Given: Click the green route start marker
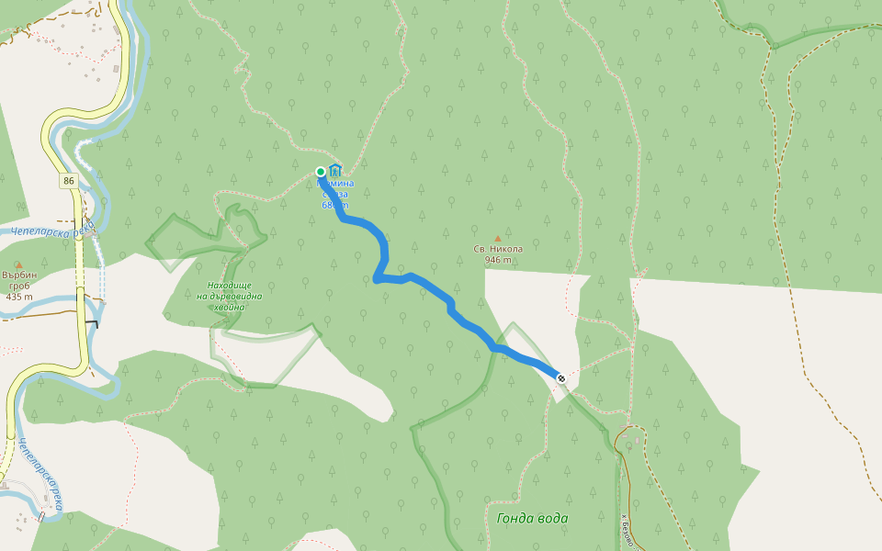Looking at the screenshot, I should point(321,172).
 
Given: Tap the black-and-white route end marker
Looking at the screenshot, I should point(560,377).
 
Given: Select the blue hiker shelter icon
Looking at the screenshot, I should point(335,170).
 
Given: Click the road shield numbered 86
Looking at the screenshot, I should point(70,181).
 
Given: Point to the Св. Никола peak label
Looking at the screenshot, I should point(498,249).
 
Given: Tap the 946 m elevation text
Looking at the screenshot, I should point(498,260).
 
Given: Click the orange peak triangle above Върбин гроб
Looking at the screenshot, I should point(18,265).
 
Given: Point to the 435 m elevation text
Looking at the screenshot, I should point(18,297).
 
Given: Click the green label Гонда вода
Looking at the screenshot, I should point(532,519).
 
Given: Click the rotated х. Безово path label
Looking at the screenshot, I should point(628,528).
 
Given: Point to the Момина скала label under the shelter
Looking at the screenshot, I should point(335,194).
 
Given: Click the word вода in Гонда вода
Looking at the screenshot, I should point(550,519).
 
